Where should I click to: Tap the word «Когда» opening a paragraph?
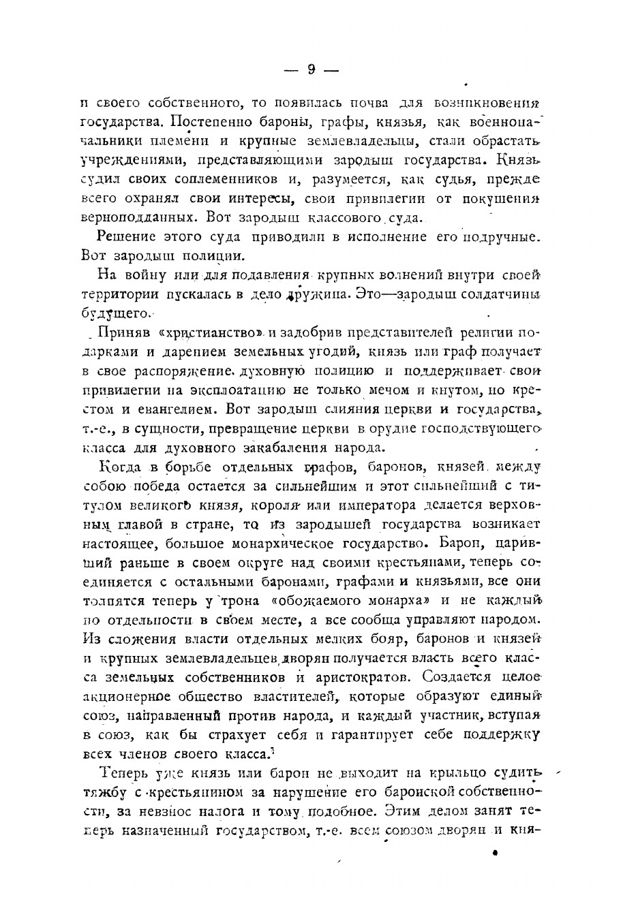point(120,467)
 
